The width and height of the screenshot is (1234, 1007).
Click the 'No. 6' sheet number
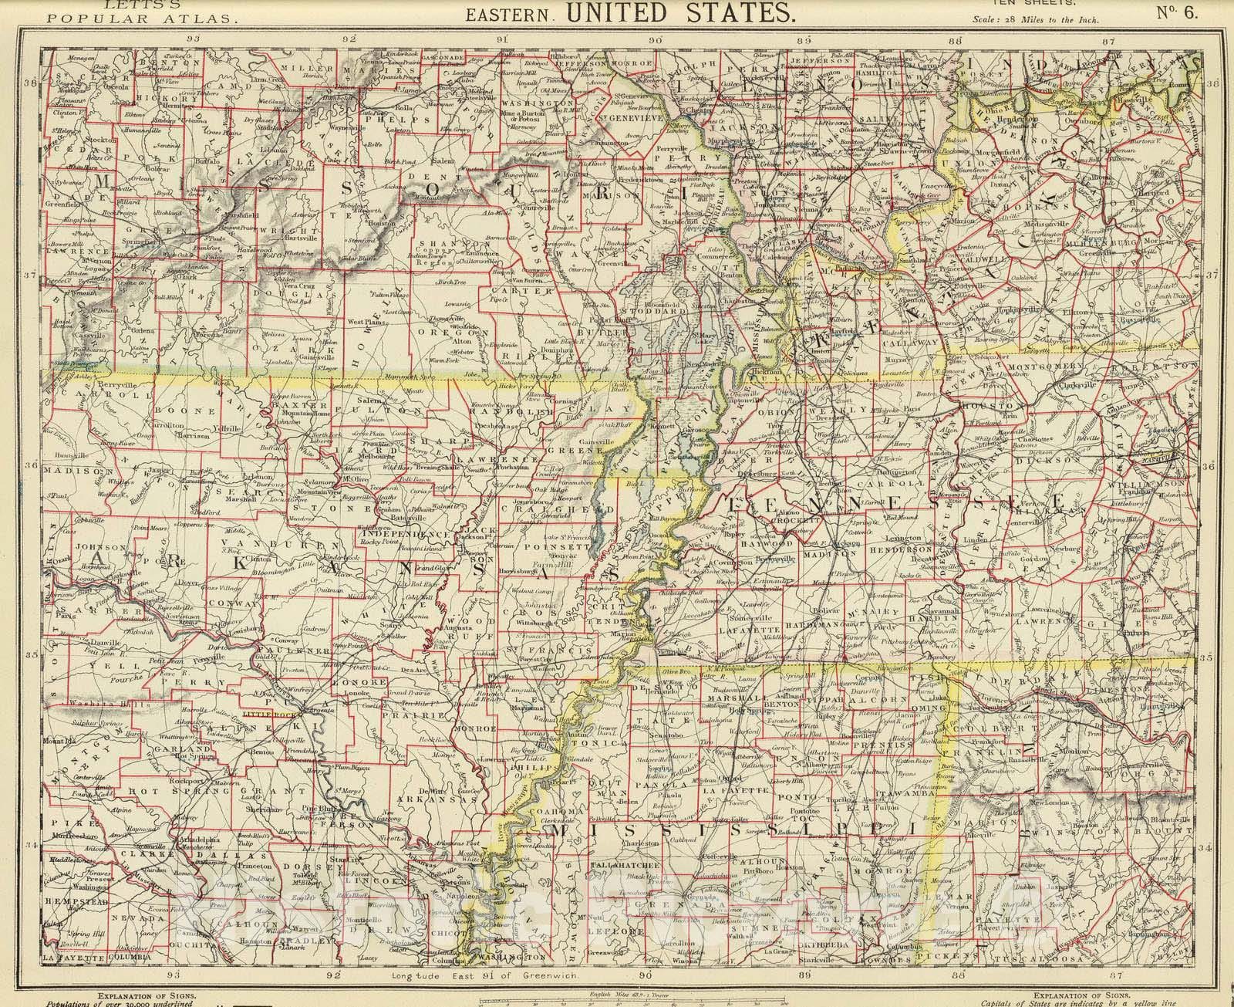tap(1176, 13)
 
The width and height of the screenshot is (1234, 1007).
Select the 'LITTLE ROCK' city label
tap(265, 715)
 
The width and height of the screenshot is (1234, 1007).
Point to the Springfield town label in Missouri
tap(133, 241)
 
